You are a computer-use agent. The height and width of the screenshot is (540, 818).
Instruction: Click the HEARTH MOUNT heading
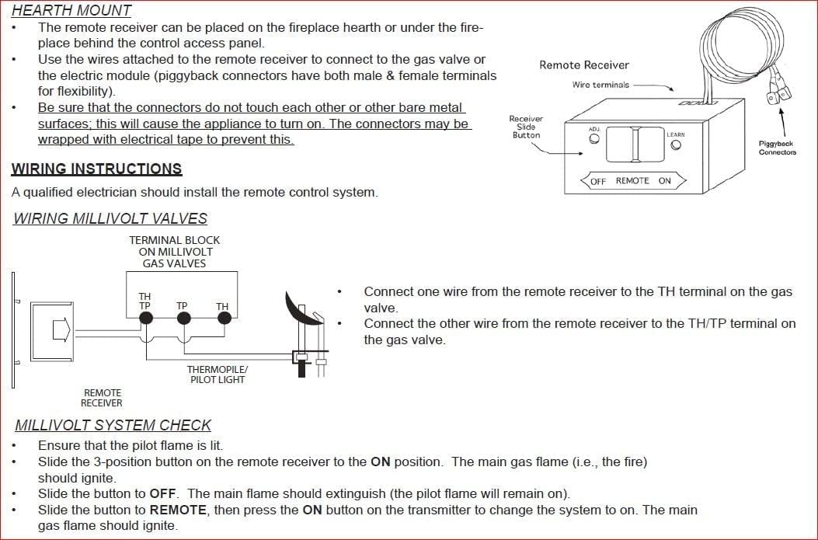(x=71, y=10)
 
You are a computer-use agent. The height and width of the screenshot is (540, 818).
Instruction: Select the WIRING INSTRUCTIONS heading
(x=96, y=169)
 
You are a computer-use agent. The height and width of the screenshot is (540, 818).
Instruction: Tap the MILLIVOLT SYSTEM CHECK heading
(x=113, y=425)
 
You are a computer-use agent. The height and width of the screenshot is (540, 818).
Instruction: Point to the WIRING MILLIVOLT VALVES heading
(x=110, y=218)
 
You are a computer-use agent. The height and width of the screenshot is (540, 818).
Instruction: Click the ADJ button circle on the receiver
(x=594, y=140)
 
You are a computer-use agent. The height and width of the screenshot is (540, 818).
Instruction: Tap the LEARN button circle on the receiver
(x=675, y=145)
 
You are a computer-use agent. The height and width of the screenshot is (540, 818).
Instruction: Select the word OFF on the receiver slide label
(x=598, y=181)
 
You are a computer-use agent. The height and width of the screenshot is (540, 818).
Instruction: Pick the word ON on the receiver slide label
(x=664, y=181)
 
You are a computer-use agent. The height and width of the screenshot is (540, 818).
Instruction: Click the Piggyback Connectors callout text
(x=778, y=148)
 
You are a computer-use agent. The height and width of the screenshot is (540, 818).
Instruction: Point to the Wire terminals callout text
(x=600, y=85)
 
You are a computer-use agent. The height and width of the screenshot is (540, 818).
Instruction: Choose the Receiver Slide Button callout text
(x=526, y=127)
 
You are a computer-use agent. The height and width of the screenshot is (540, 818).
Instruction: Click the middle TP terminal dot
(x=183, y=319)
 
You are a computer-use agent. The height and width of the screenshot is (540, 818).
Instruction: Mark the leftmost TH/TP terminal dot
(x=144, y=319)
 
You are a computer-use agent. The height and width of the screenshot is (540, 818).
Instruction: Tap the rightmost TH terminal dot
(x=222, y=319)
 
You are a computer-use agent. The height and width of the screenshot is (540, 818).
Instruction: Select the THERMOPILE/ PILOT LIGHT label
(x=217, y=375)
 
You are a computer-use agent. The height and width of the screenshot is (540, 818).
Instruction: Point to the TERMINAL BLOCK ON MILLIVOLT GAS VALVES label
(x=174, y=252)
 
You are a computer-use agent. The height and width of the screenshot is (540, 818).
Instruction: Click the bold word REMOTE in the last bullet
(x=179, y=510)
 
